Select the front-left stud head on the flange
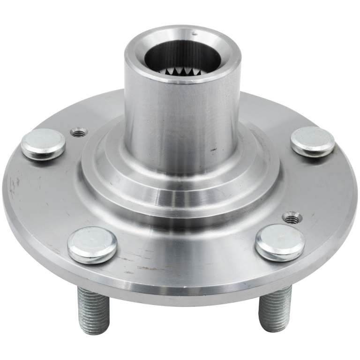[92, 244]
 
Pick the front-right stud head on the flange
[280, 242]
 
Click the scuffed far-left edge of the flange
[12, 183]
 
